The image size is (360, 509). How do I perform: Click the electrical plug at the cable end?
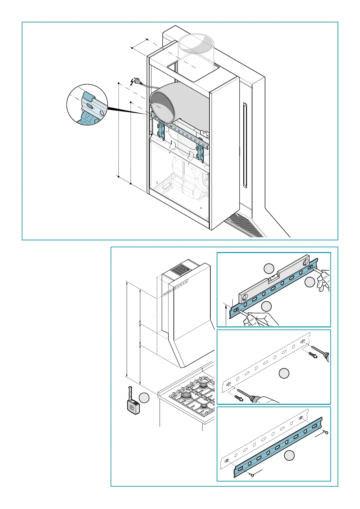[138, 81]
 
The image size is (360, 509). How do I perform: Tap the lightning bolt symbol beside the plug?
[132, 82]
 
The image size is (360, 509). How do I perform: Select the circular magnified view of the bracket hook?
[87, 105]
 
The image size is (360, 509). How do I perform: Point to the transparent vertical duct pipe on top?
[196, 54]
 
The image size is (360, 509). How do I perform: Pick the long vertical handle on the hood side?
[245, 145]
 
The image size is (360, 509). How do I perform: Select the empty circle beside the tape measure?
[144, 398]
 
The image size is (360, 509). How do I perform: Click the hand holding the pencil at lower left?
[260, 319]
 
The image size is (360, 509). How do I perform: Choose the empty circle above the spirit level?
[269, 268]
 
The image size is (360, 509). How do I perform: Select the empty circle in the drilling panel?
[284, 373]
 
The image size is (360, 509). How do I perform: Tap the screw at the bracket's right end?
[326, 433]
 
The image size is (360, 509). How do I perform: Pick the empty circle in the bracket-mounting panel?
[290, 456]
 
